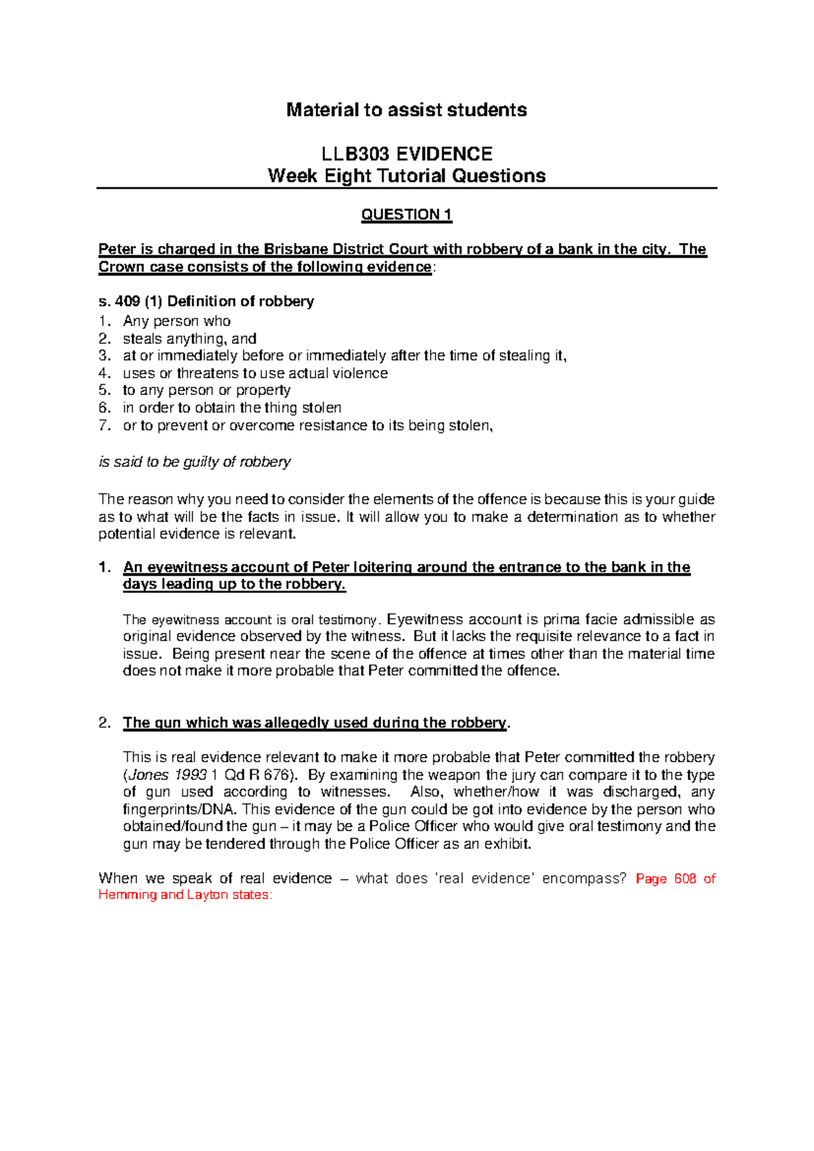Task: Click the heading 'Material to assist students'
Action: point(406,110)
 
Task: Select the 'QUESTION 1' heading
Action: point(406,215)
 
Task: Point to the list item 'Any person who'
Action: point(176,321)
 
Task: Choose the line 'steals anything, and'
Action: point(189,339)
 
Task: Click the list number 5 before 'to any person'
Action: point(104,390)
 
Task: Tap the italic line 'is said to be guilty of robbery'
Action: point(195,462)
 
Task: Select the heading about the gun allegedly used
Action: point(315,723)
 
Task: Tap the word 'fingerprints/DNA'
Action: point(179,810)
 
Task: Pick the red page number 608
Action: point(685,879)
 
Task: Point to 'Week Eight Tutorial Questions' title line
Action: point(406,176)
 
